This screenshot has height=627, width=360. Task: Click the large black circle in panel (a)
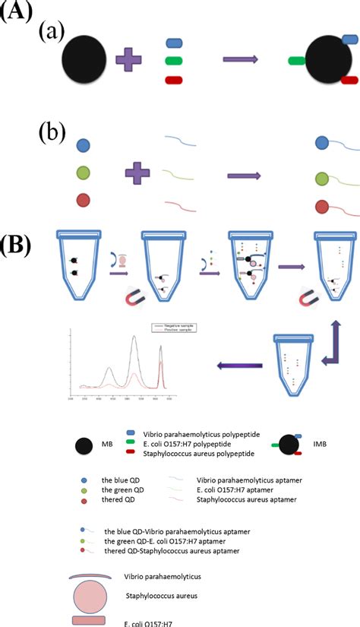click(x=84, y=60)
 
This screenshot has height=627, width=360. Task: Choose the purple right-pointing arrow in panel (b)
click(x=244, y=176)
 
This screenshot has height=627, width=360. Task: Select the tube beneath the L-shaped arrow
click(x=295, y=365)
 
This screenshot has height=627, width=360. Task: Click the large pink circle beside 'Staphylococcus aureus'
click(x=94, y=595)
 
